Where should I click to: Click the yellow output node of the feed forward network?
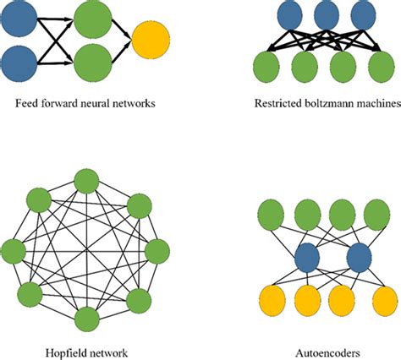(x=150, y=40)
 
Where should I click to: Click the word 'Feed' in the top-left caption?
(x=28, y=106)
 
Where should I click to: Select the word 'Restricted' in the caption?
(x=274, y=106)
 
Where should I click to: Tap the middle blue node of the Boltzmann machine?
(x=326, y=14)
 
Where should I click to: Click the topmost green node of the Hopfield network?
(x=85, y=182)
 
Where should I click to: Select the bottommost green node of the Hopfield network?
(x=85, y=319)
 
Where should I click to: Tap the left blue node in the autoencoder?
(x=307, y=257)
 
